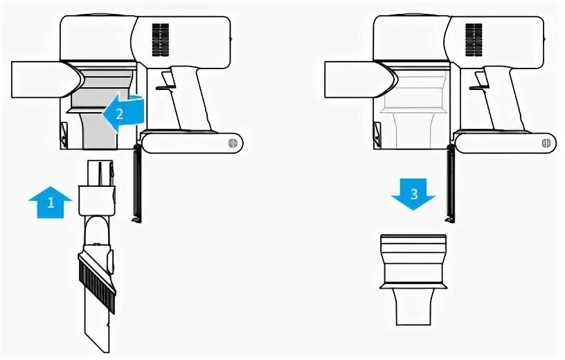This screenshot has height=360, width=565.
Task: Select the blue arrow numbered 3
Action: (x=413, y=192)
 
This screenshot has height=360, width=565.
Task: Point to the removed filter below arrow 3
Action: (x=413, y=277)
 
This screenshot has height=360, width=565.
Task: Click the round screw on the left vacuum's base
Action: (x=232, y=143)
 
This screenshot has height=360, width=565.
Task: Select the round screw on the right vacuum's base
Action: (x=546, y=143)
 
